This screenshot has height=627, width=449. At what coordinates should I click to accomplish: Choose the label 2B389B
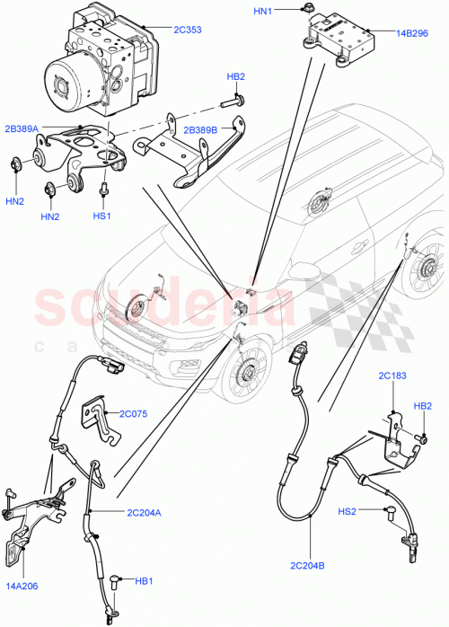click(x=201, y=130)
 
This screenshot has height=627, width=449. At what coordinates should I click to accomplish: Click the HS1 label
click(x=101, y=216)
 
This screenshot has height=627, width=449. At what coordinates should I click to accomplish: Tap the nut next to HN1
click(x=307, y=10)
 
